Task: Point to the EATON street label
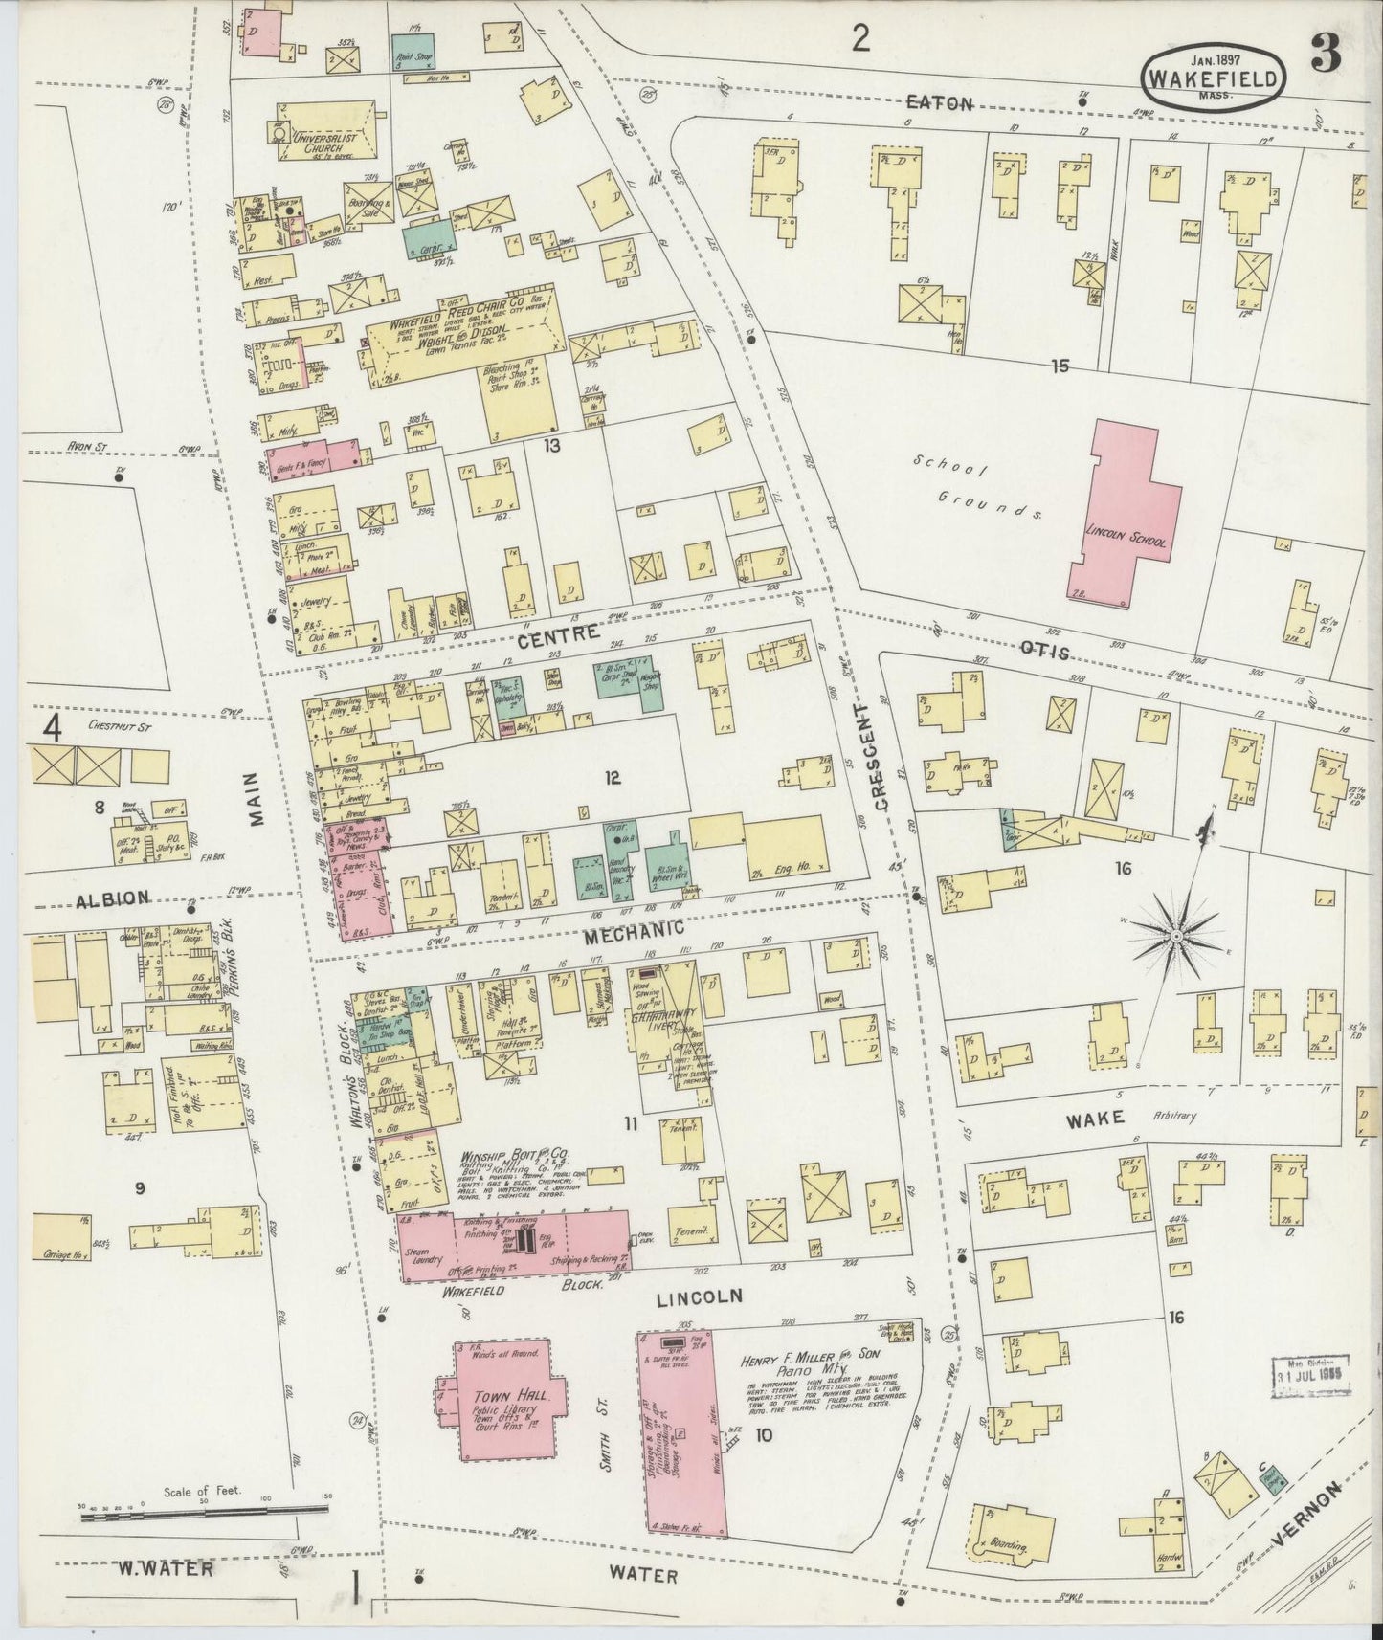click(x=940, y=103)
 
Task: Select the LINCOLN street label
click(x=701, y=1296)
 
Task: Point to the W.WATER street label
click(x=165, y=1568)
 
